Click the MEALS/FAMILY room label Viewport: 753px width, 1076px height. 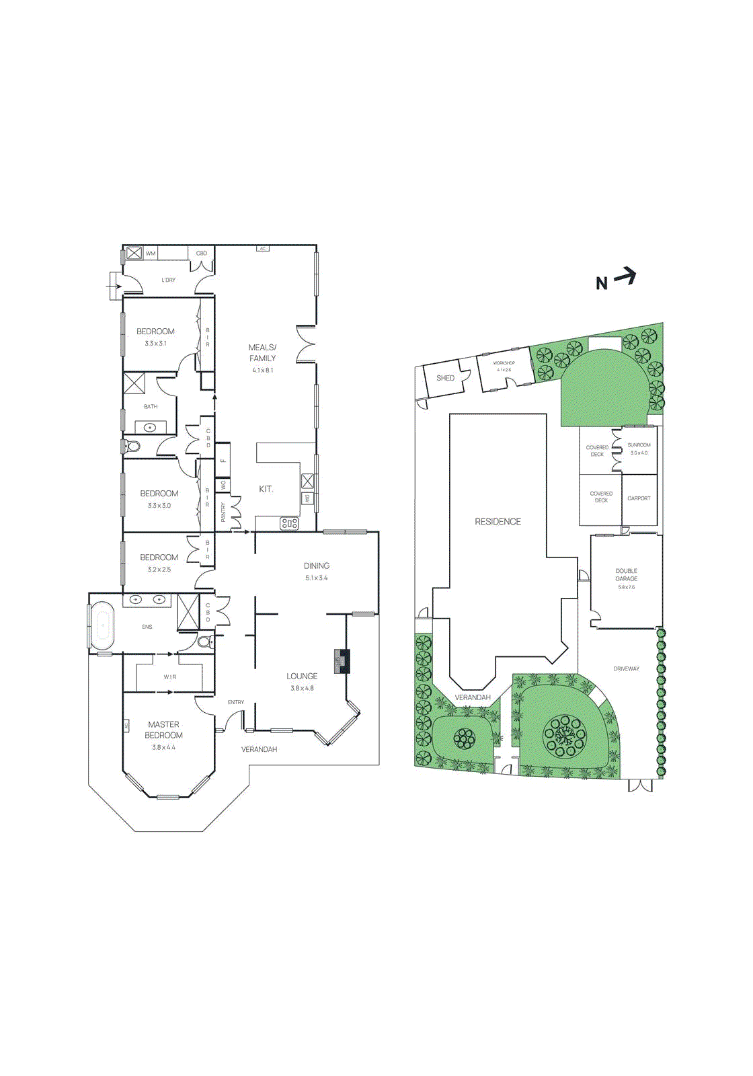point(262,352)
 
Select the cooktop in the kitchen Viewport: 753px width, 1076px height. point(289,523)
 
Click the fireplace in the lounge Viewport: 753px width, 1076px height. point(343,661)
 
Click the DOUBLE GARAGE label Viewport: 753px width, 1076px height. point(626,574)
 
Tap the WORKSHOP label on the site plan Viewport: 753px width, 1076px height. point(504,362)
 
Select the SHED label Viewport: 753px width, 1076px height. point(445,378)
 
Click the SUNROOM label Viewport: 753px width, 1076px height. point(639,445)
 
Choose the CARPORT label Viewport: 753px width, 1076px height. point(639,498)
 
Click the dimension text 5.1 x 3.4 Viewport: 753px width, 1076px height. point(316,578)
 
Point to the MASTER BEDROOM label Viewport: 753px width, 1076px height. point(163,730)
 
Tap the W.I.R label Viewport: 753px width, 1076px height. point(169,677)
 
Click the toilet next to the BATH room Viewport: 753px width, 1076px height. point(131,446)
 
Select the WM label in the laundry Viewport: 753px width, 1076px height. point(151,254)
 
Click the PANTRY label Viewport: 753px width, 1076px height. point(223,512)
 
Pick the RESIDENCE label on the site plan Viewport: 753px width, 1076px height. point(498,521)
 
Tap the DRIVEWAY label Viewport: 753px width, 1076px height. point(626,668)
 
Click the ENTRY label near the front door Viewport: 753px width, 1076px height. point(235,702)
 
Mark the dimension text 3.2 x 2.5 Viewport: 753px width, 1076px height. point(159,570)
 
